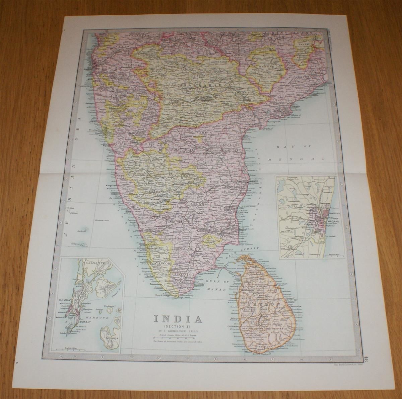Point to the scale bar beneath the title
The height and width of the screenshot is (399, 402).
coord(178,335)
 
